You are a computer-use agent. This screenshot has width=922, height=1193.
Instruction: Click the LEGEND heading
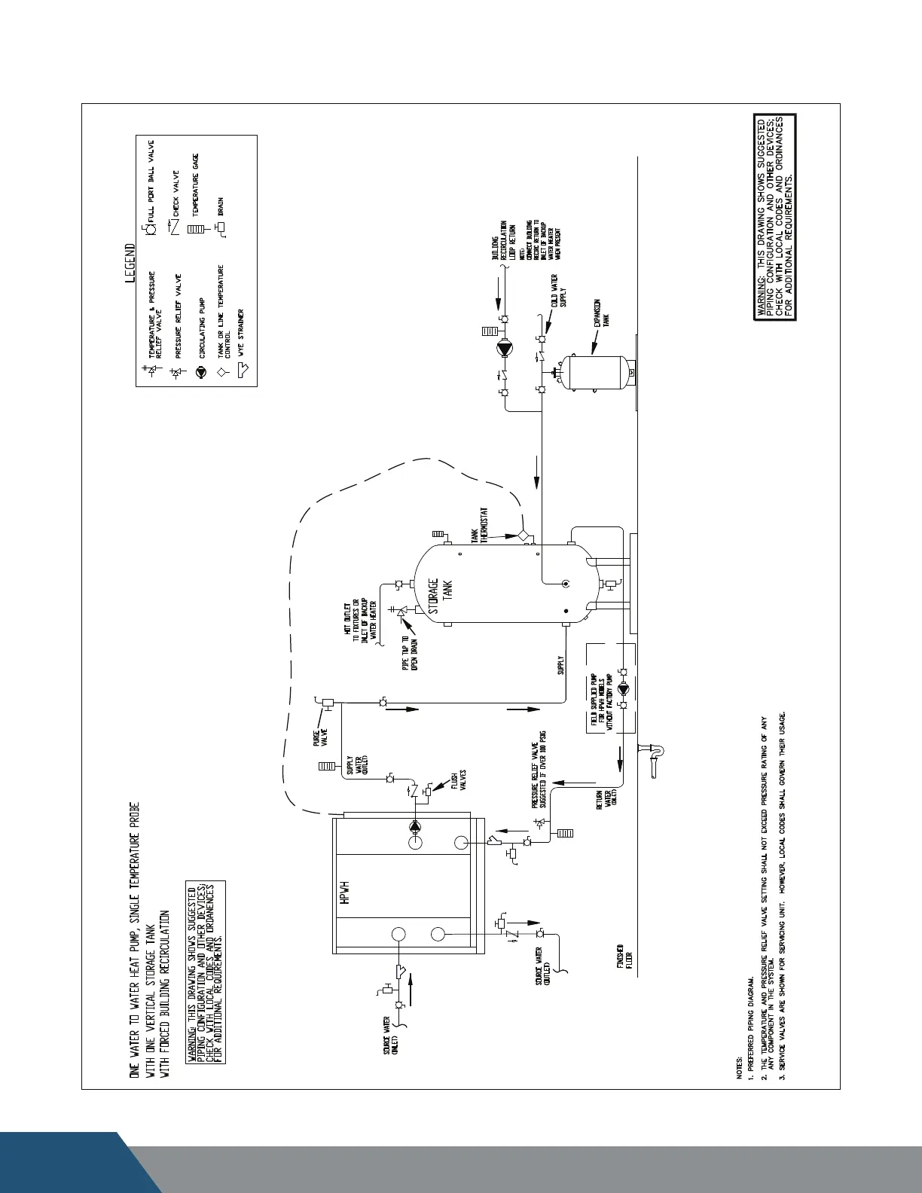pyautogui.click(x=130, y=262)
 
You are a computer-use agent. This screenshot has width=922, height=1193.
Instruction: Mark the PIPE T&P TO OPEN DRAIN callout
pyautogui.click(x=410, y=654)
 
